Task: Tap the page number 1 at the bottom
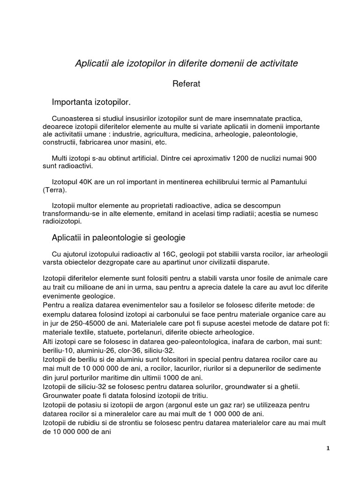click(x=328, y=448)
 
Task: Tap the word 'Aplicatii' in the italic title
click(x=93, y=63)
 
